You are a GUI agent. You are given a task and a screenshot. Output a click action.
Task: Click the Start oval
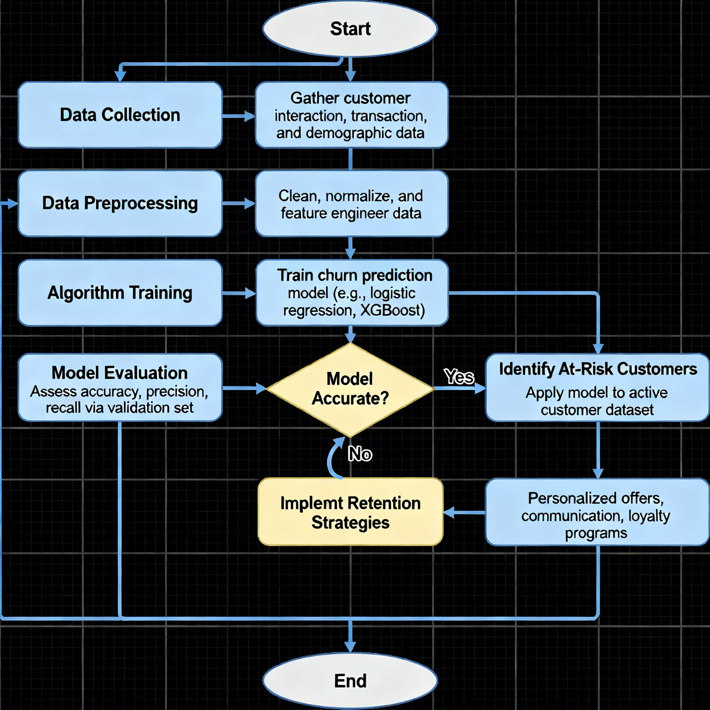point(350,29)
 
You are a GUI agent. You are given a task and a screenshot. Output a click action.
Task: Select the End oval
point(350,681)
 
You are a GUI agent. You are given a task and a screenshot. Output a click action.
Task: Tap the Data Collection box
point(120,115)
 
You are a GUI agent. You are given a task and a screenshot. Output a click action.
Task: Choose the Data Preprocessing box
point(120,203)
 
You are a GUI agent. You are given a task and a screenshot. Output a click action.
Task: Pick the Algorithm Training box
point(120,293)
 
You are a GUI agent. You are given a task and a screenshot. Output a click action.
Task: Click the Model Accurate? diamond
point(350,389)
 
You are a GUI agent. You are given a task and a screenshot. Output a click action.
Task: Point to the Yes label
point(459,377)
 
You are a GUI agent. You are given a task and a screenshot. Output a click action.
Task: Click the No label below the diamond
point(360,454)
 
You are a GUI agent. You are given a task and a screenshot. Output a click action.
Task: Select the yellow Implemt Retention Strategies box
point(350,512)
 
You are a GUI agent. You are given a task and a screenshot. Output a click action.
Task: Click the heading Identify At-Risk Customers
point(598,369)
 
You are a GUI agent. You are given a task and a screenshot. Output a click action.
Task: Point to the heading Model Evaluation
point(119,373)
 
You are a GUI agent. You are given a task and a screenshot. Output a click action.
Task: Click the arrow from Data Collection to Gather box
point(239,116)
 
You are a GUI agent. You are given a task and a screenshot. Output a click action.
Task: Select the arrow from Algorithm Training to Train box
point(239,293)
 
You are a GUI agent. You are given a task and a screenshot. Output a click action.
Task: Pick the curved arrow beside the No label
point(333,457)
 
